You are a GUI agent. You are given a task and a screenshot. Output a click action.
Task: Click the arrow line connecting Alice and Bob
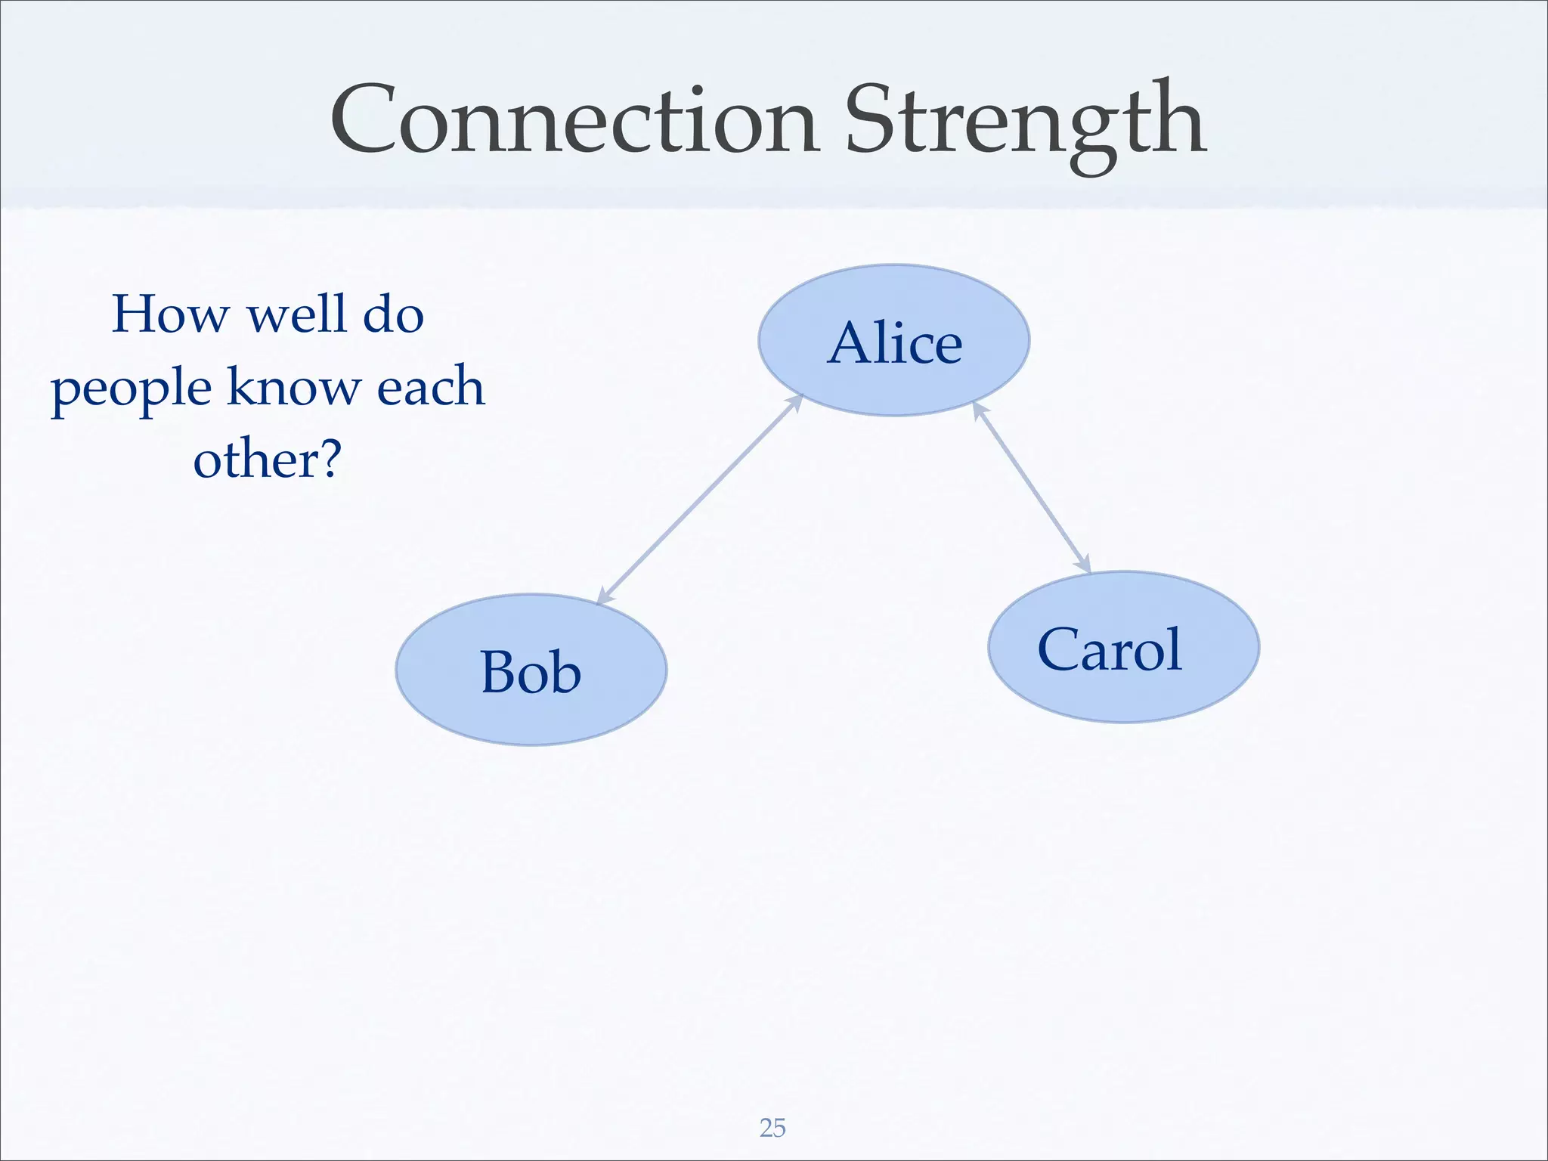coord(699,499)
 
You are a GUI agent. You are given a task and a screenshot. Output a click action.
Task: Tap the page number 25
coord(772,1128)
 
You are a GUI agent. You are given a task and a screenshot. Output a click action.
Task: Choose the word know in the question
coord(293,387)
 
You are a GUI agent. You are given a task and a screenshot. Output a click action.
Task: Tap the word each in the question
coord(430,387)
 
